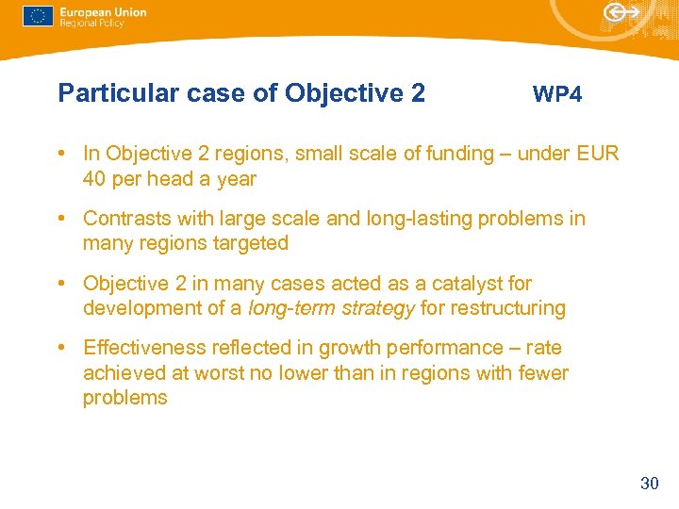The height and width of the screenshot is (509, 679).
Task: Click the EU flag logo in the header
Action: (x=38, y=16)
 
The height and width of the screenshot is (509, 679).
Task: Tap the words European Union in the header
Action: (x=103, y=12)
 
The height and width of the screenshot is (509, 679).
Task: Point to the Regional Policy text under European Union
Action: (x=92, y=24)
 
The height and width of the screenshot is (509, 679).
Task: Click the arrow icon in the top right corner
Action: (x=621, y=12)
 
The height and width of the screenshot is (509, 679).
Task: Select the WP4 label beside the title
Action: (x=557, y=94)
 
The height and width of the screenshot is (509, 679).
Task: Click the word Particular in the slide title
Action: (x=106, y=93)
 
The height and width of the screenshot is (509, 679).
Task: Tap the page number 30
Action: (x=649, y=484)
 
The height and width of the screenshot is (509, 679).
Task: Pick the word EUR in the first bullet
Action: (x=598, y=154)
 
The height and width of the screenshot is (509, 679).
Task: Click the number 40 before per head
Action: (x=94, y=178)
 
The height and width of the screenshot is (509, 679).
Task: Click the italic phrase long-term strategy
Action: (x=331, y=308)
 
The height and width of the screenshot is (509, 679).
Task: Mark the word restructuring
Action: (x=506, y=308)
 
